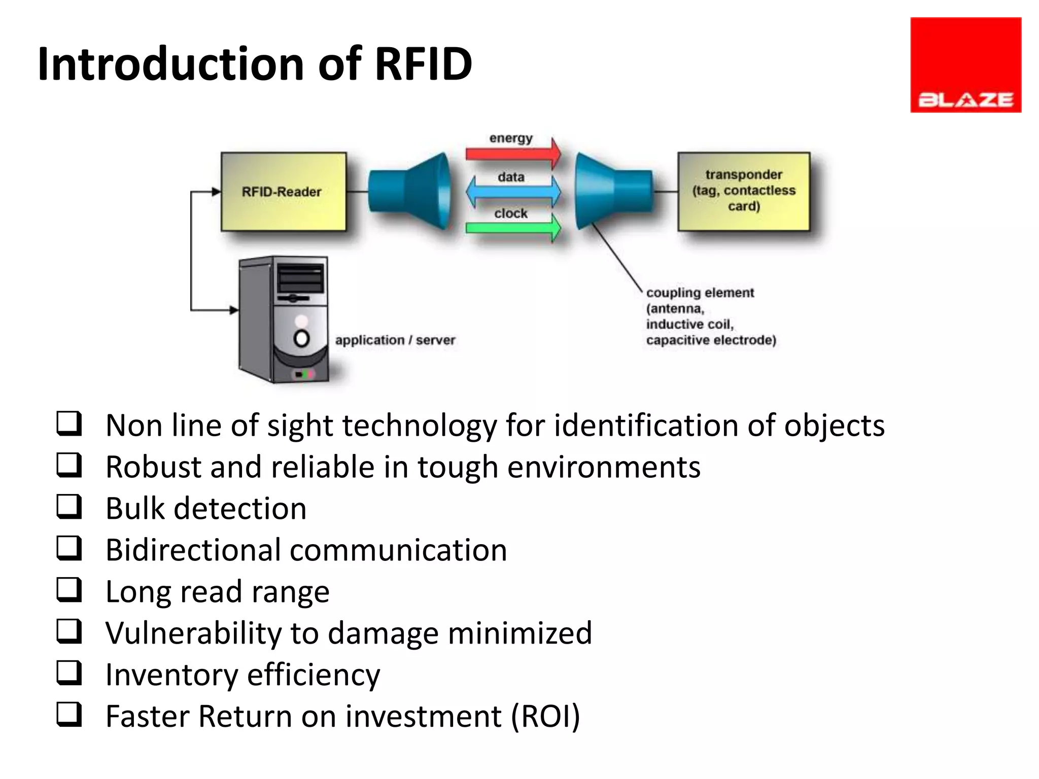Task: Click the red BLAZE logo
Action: (965, 65)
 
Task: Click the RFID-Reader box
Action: (283, 192)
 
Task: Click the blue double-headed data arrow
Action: (512, 192)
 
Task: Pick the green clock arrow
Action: (512, 228)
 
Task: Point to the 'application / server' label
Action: (395, 340)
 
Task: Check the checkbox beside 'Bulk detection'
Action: (69, 507)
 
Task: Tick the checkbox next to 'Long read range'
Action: (69, 590)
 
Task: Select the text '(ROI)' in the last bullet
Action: (545, 717)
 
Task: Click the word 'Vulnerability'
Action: (193, 633)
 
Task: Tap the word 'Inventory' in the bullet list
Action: (171, 675)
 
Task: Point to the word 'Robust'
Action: (153, 467)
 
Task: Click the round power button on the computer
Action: (301, 338)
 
